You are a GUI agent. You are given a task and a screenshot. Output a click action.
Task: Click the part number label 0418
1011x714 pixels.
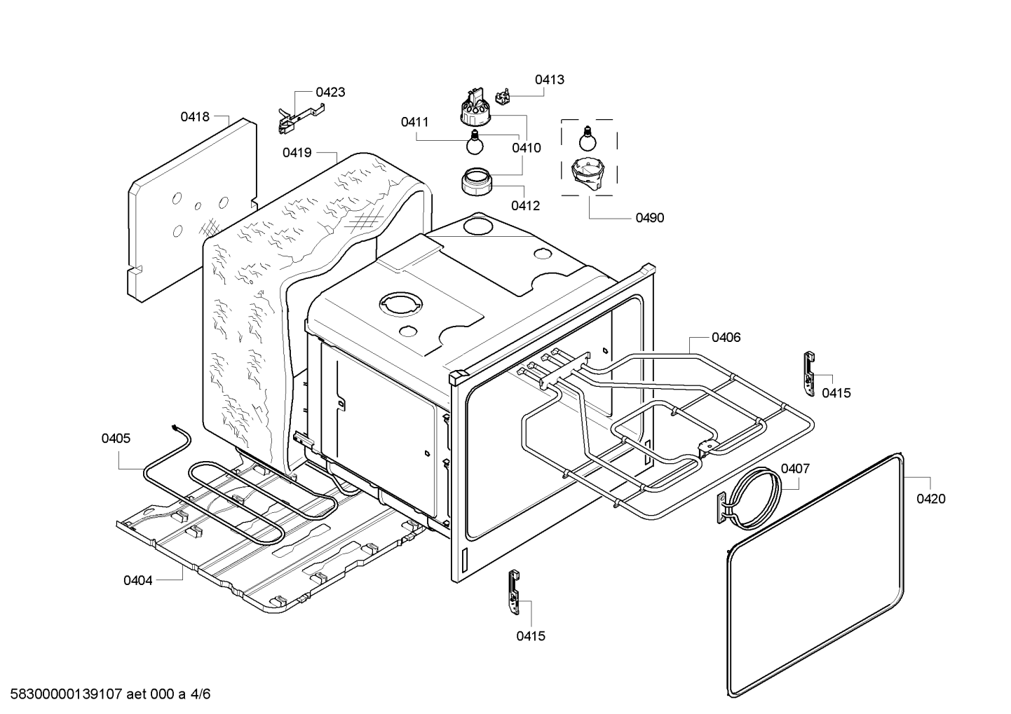click(x=195, y=117)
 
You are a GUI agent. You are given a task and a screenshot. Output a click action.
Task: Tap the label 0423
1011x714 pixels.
click(x=330, y=92)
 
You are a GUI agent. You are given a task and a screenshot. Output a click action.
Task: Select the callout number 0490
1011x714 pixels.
click(x=650, y=218)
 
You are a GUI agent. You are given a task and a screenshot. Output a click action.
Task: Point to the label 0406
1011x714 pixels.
click(x=726, y=337)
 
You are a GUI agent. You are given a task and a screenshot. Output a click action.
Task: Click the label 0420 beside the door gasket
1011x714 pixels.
click(x=931, y=499)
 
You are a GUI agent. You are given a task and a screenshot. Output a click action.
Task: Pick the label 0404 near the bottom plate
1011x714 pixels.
click(x=138, y=580)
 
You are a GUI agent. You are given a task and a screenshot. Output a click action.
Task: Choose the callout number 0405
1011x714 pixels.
click(x=116, y=438)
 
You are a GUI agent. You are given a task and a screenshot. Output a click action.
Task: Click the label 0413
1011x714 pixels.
click(x=550, y=79)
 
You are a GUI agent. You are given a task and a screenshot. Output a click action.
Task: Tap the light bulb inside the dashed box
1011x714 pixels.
click(x=588, y=139)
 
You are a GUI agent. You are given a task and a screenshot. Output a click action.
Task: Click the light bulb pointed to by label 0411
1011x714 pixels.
click(x=475, y=142)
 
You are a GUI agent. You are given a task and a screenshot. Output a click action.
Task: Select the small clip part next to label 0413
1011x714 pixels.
click(x=503, y=96)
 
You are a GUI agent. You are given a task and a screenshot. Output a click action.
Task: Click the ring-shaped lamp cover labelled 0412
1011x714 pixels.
click(x=477, y=181)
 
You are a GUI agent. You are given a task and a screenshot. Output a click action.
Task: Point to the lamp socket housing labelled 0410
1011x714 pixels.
click(x=475, y=107)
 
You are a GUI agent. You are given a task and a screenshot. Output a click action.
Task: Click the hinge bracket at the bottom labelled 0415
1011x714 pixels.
click(x=514, y=592)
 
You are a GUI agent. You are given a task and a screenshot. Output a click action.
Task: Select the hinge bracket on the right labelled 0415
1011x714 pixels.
click(x=810, y=374)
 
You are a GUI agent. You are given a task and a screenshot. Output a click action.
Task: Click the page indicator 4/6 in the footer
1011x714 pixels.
click(x=201, y=694)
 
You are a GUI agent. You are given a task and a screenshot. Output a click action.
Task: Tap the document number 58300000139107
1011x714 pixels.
click(x=67, y=694)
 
